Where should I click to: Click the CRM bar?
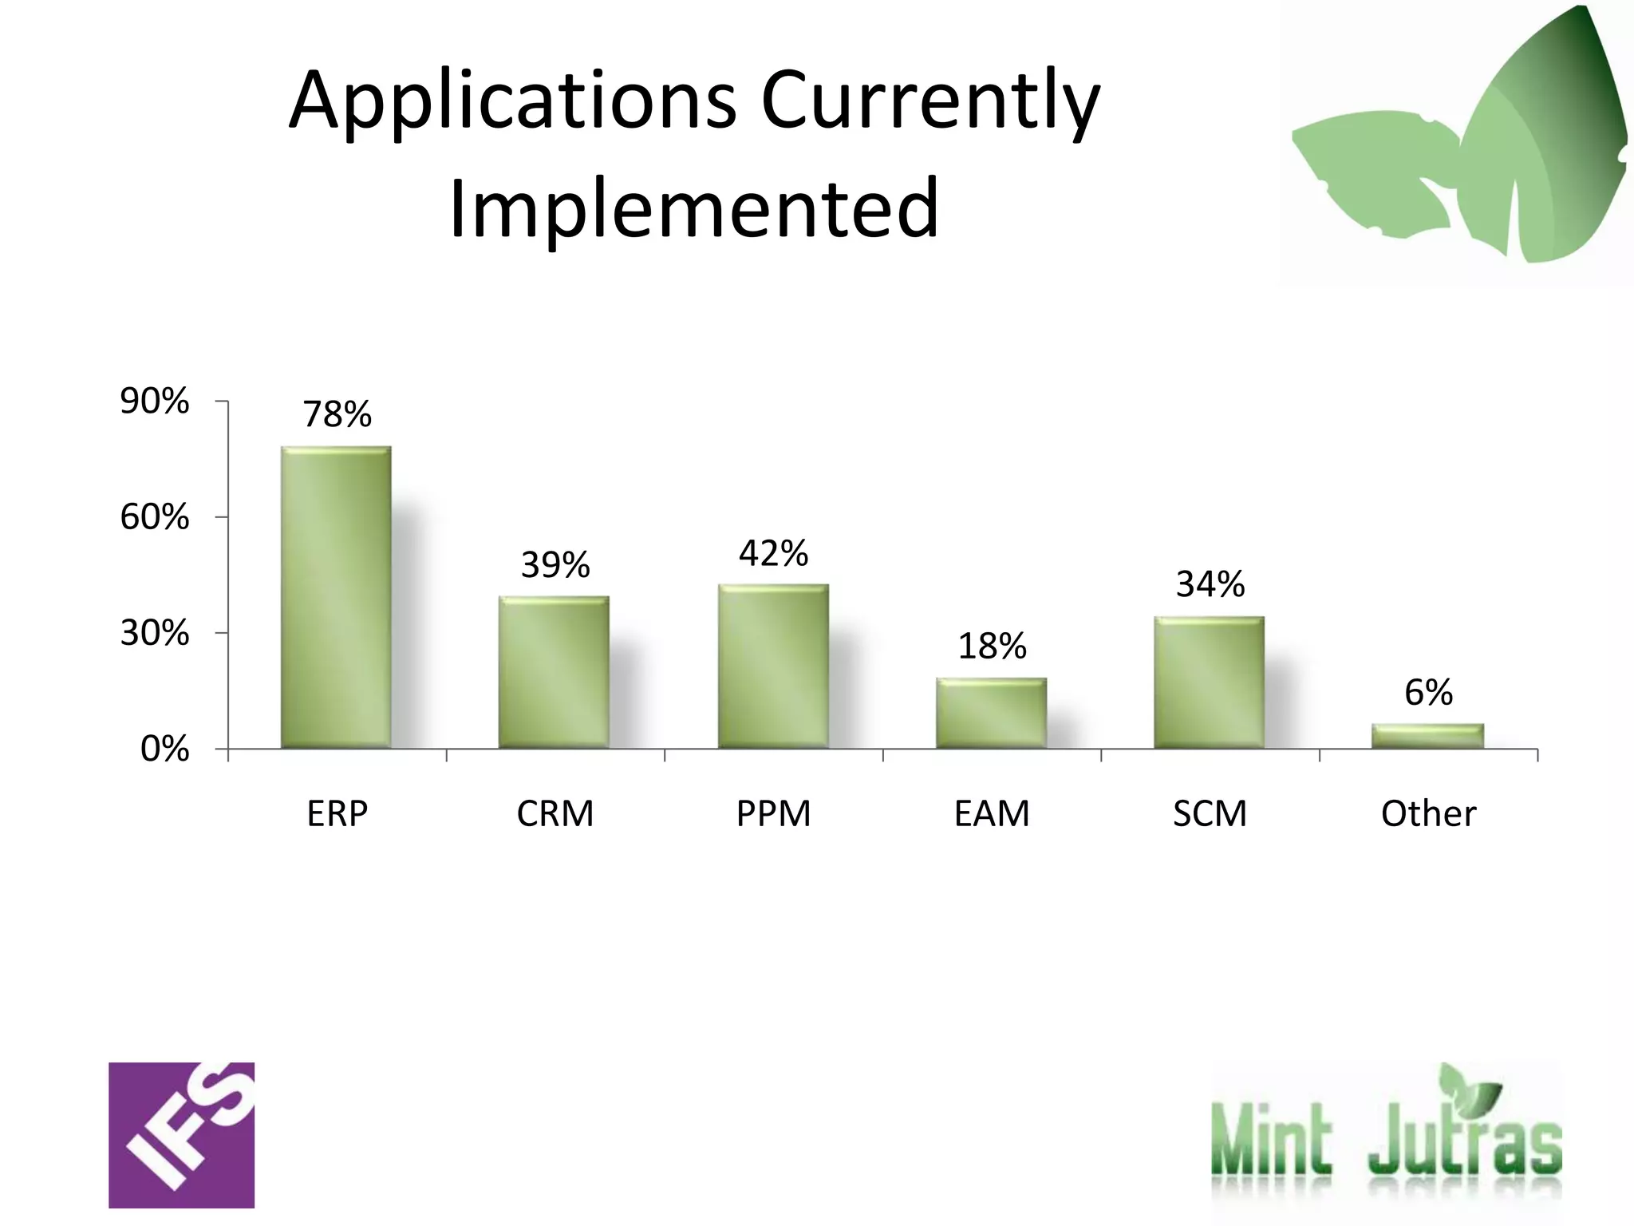coord(554,672)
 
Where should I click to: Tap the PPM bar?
coord(773,666)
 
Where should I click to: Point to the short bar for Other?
coord(1427,736)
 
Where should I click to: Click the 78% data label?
coord(337,414)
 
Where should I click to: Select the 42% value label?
coord(773,553)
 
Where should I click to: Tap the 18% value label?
coord(992,646)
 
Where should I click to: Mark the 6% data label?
coord(1428,692)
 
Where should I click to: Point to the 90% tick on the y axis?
coord(155,401)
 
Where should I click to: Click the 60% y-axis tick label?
coord(155,517)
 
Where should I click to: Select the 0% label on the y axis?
coord(164,749)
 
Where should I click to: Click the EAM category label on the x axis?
coord(992,814)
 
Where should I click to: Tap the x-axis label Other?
coord(1428,814)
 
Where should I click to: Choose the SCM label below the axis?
coord(1210,814)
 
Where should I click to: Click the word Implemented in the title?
coord(694,208)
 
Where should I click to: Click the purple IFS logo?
coord(182,1134)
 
